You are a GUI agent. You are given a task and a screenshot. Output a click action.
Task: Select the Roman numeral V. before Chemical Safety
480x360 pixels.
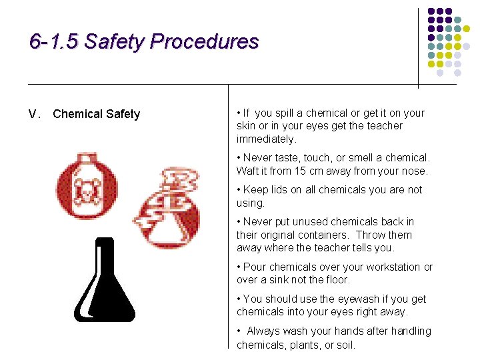[35, 114]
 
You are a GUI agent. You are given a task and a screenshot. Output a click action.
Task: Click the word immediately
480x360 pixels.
[266, 139]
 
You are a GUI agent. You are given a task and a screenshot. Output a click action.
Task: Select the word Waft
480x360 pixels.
[249, 171]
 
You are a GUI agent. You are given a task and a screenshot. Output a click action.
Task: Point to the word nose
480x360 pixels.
[413, 171]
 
